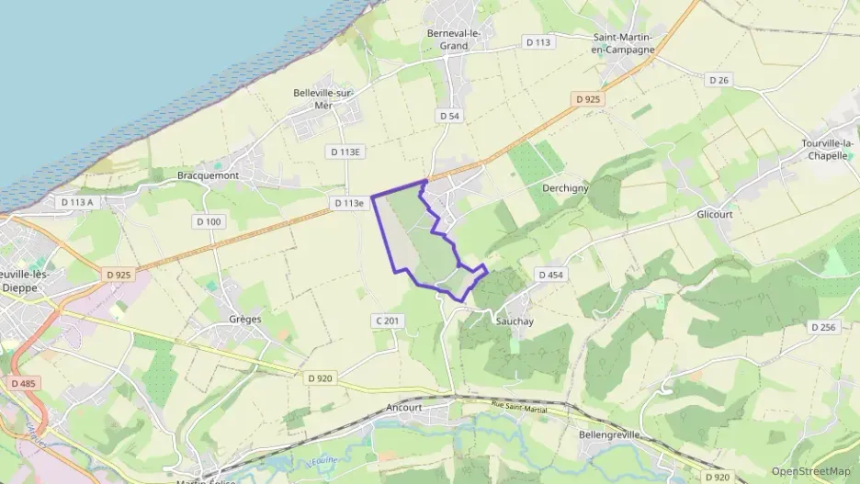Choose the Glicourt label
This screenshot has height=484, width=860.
tap(718, 213)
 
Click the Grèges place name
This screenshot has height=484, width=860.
tap(244, 320)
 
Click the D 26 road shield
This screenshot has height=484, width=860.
tap(719, 81)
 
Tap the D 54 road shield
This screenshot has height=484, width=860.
tap(448, 116)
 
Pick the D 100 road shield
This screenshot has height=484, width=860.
tap(209, 221)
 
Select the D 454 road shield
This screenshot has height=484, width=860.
tap(549, 275)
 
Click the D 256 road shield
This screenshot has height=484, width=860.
tap(822, 327)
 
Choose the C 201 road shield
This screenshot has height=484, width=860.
tap(388, 321)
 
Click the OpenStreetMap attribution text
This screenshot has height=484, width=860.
tap(811, 471)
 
